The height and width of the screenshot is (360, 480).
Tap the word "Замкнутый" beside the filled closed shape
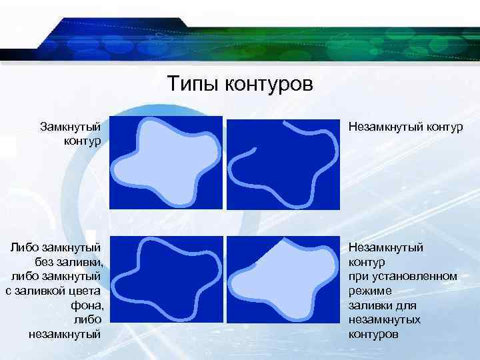[71, 126]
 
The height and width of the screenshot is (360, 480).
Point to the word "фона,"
[85, 305]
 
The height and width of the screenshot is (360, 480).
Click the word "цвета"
[85, 291]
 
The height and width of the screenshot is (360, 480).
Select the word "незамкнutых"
[385, 319]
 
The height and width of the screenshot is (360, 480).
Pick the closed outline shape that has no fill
[167, 280]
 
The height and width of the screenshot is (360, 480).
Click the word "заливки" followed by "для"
[369, 305]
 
